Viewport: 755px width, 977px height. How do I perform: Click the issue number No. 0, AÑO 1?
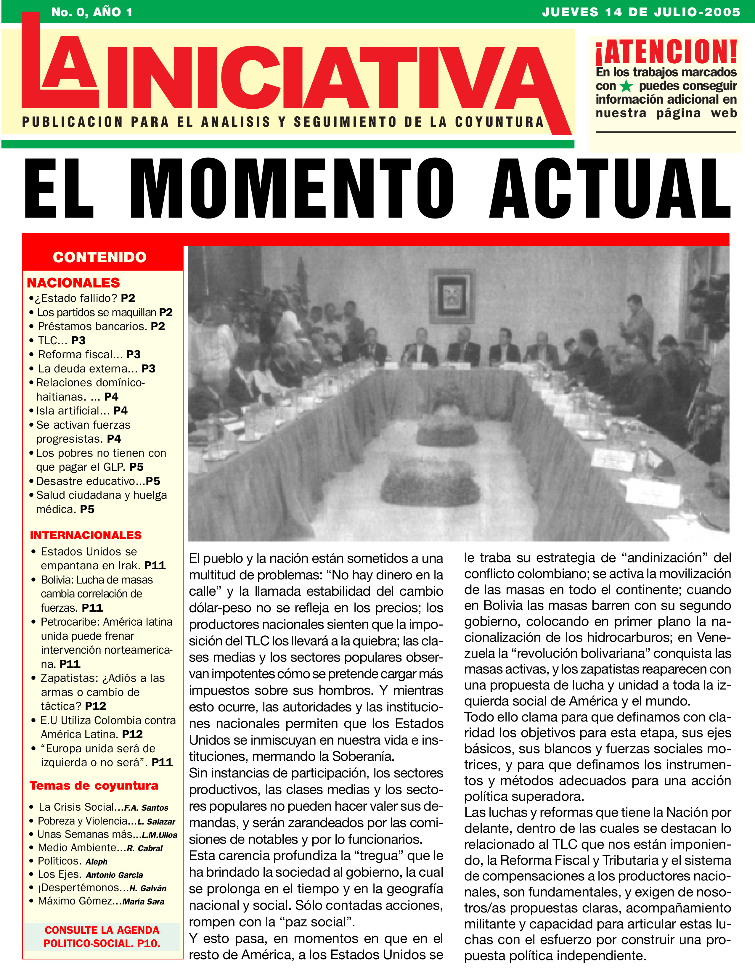coord(92,12)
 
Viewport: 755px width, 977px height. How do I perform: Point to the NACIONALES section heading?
coord(73,283)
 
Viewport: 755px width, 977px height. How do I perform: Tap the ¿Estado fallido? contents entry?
coord(82,298)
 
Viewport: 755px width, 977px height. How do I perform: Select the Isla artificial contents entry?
coord(82,411)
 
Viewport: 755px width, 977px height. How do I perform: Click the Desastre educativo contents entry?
coord(98,481)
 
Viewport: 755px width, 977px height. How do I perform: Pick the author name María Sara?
coord(144,902)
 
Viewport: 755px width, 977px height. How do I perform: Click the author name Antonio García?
coord(115,875)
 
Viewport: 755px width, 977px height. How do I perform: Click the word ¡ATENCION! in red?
coord(666,52)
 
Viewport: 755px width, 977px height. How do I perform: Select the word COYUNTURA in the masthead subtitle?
coord(499,122)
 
